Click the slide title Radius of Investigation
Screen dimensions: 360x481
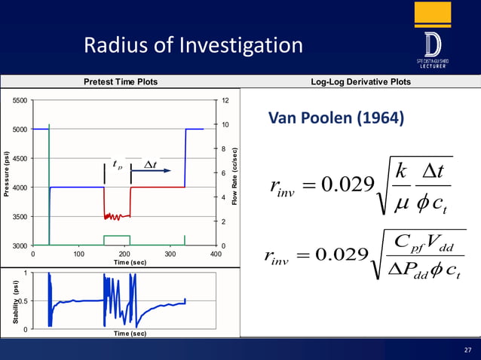(194, 47)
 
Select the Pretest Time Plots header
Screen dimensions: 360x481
(120, 82)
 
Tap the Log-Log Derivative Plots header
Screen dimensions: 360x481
(361, 82)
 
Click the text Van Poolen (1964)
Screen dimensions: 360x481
(336, 119)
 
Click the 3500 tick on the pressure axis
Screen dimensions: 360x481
(19, 216)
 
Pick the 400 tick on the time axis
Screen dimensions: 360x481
(216, 254)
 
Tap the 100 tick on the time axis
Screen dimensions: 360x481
(78, 254)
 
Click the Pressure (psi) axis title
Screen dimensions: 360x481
(7, 173)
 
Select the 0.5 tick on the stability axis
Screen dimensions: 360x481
(23, 301)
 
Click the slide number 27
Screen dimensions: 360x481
(467, 349)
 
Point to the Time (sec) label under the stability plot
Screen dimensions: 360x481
(124, 333)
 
